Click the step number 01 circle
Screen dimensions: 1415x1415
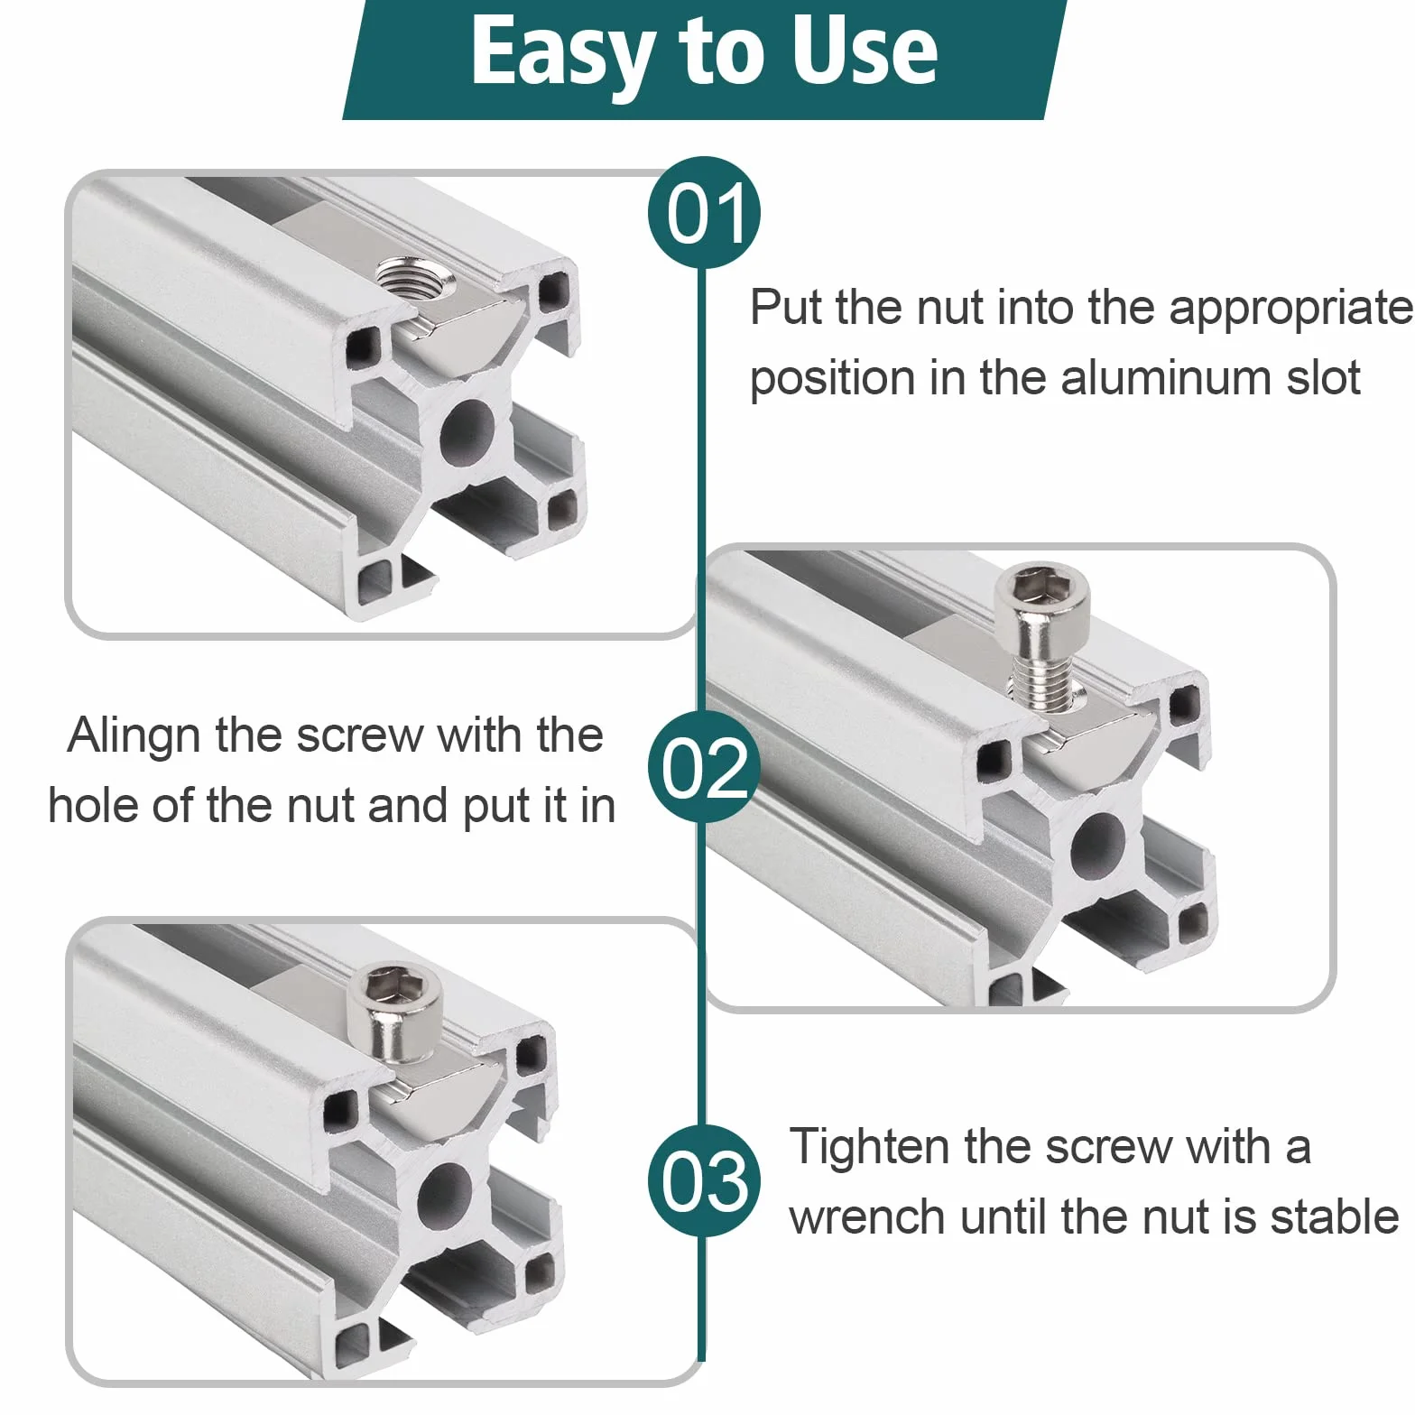[704, 213]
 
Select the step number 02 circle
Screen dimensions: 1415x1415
[704, 766]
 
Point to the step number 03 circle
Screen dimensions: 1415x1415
[704, 1181]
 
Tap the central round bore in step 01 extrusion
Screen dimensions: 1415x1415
[467, 431]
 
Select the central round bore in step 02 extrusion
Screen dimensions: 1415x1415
[1097, 845]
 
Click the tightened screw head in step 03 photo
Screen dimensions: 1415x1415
[396, 1012]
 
